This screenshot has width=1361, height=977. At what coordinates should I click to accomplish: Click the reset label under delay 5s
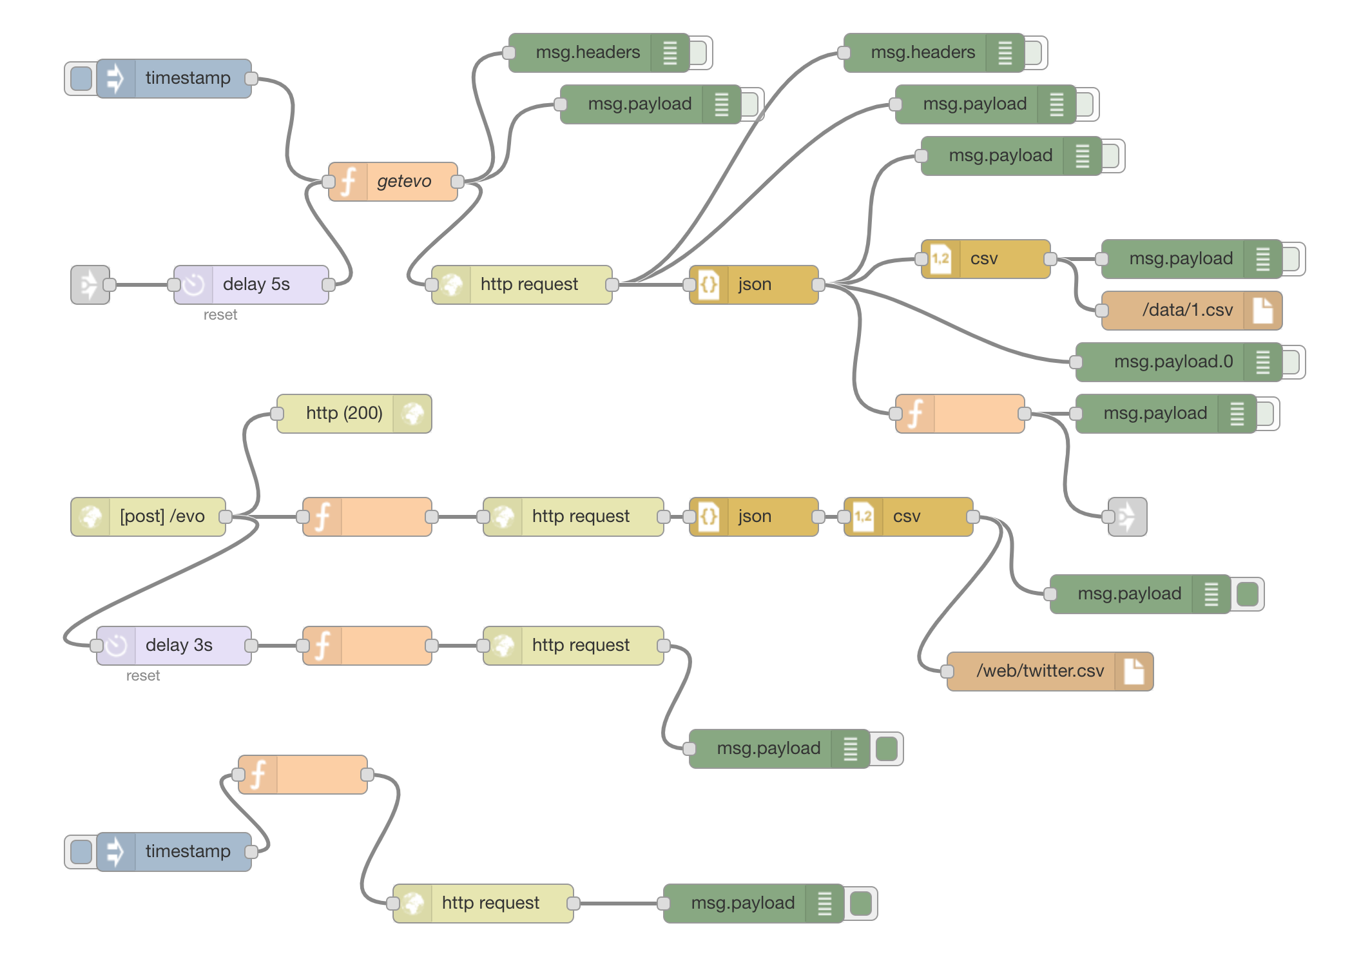220,315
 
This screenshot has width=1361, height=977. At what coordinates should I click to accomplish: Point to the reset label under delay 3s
143,676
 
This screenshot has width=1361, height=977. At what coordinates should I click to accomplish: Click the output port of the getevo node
458,182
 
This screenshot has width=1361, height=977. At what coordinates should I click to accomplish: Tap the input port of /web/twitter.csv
947,672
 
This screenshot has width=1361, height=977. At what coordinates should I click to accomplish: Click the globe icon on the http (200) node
413,414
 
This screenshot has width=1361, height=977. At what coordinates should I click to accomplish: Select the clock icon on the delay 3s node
117,646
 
